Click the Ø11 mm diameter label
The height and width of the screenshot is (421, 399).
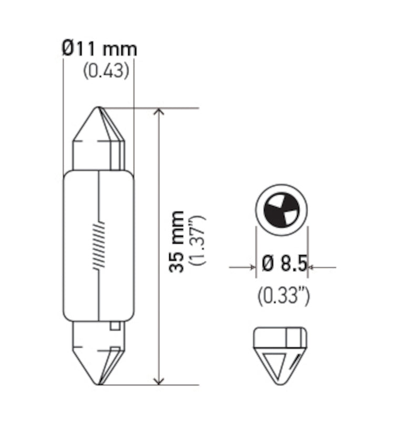point(99,49)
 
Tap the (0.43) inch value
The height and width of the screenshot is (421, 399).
point(106,71)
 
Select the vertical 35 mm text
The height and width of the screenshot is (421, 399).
point(178,242)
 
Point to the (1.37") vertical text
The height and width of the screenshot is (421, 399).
point(199,242)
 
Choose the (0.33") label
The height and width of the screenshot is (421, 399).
point(283,296)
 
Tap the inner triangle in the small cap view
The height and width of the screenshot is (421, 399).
point(275,363)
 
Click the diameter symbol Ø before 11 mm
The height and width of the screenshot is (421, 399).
point(67,49)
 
